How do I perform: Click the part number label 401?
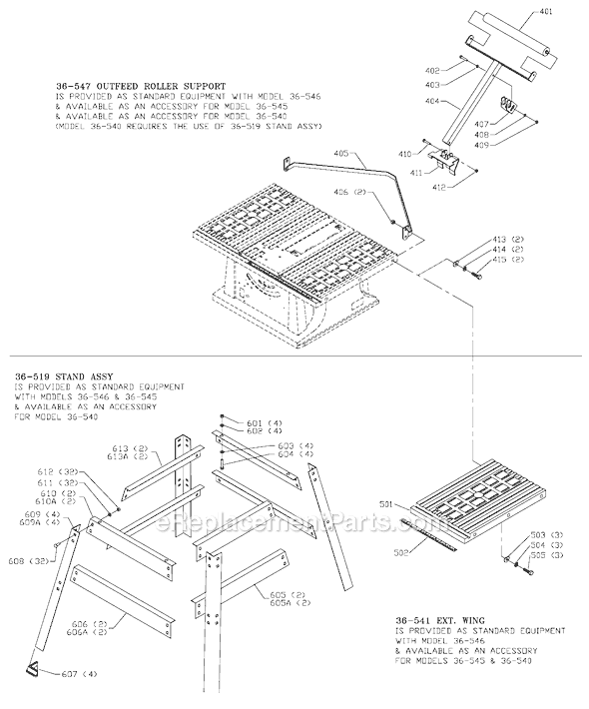572,13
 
